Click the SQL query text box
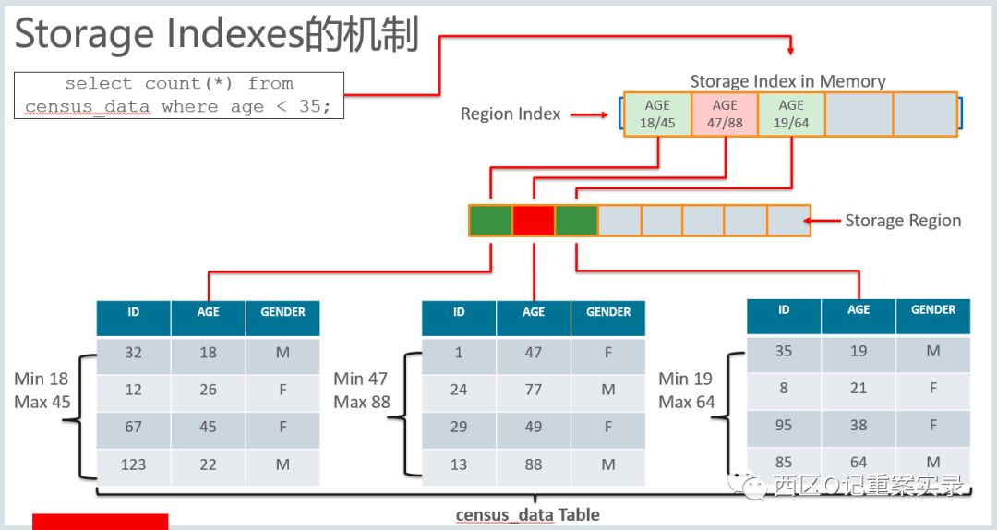click(179, 95)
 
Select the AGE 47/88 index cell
click(725, 114)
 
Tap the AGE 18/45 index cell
click(657, 114)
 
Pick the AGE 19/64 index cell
click(791, 114)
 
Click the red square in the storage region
click(534, 221)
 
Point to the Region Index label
click(511, 114)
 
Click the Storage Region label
click(903, 221)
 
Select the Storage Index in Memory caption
click(787, 81)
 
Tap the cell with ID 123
click(134, 464)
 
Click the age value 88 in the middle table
click(534, 464)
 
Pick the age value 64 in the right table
click(859, 462)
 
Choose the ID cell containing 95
click(784, 426)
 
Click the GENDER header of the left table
click(282, 312)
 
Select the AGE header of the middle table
click(534, 312)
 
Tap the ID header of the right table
click(784, 309)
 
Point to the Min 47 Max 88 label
click(362, 391)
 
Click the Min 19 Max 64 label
click(687, 391)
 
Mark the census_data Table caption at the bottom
click(527, 514)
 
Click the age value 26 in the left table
click(208, 390)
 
